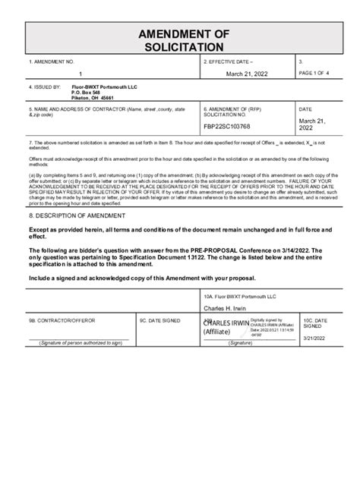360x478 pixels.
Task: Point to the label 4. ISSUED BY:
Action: (x=43, y=86)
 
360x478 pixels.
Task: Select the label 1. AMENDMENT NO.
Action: (x=52, y=60)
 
